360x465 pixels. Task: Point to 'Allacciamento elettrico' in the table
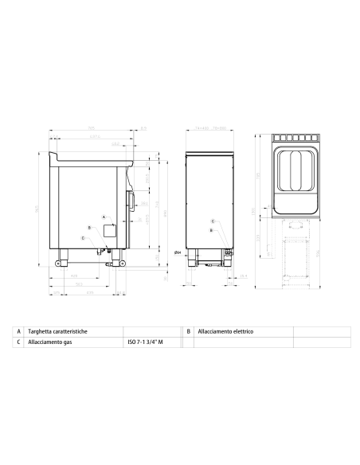tap(225, 330)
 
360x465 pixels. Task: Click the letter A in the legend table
tap(18, 330)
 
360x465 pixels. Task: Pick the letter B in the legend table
tap(188, 330)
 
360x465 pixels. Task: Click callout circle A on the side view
tap(104, 217)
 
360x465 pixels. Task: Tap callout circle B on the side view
tap(90, 228)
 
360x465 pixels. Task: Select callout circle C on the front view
tap(212, 221)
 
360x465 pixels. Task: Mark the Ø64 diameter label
tap(178, 252)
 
